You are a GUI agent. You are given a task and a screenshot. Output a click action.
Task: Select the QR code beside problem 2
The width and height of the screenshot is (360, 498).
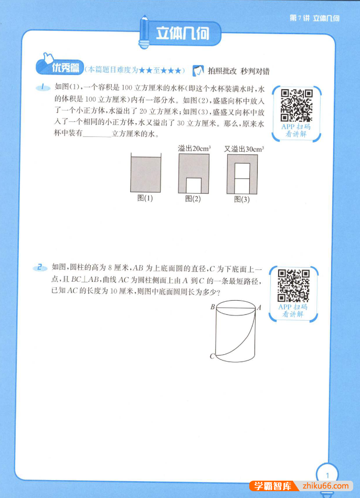293,285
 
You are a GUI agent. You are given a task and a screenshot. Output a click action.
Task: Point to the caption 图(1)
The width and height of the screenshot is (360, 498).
145,198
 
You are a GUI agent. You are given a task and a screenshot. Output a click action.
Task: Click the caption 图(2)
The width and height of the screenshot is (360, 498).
193,199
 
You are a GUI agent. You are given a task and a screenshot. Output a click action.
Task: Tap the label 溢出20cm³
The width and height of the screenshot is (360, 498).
194,149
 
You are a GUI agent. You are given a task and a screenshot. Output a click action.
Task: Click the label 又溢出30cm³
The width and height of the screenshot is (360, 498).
243,149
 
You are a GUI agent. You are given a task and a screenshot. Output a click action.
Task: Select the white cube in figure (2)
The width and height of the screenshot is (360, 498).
194,185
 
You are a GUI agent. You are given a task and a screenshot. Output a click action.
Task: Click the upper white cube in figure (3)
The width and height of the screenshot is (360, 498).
242,171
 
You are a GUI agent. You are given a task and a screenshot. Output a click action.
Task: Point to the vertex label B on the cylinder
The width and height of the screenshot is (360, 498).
213,308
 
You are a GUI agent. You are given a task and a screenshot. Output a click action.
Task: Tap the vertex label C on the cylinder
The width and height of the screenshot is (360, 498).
212,357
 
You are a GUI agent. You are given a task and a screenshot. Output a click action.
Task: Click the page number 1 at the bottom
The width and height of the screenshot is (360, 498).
327,476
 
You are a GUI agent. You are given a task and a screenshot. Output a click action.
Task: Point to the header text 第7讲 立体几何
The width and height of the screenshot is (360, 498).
314,18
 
